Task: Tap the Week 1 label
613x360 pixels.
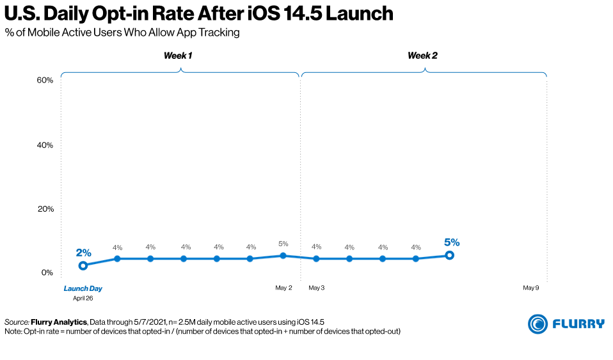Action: (x=178, y=56)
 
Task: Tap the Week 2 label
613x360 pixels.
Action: (x=422, y=56)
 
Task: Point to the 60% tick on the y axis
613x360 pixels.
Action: (x=44, y=81)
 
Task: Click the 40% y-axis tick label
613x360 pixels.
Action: (x=44, y=145)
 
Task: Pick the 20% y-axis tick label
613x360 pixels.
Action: (x=44, y=209)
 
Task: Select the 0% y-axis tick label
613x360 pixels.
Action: (x=47, y=273)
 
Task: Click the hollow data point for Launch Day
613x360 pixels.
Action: (x=83, y=265)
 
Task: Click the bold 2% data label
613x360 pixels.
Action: (x=84, y=253)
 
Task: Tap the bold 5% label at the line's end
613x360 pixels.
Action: (x=452, y=242)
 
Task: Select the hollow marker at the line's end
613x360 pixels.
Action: (x=449, y=255)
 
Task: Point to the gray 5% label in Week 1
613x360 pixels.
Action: (x=283, y=244)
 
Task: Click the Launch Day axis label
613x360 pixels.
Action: (x=83, y=288)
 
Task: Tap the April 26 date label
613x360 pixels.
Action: (x=83, y=298)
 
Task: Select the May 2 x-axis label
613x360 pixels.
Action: (x=283, y=288)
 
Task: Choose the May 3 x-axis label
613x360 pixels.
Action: (x=316, y=288)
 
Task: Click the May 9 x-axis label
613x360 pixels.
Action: (x=530, y=288)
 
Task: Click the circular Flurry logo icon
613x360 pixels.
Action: (x=537, y=324)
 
